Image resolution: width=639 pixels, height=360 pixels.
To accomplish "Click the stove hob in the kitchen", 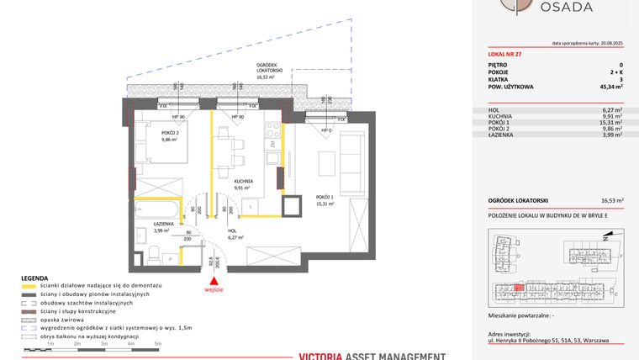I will click(272, 130).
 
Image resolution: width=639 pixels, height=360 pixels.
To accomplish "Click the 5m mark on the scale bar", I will click(158, 344).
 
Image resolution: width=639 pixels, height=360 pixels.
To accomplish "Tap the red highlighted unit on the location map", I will click(520, 287).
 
